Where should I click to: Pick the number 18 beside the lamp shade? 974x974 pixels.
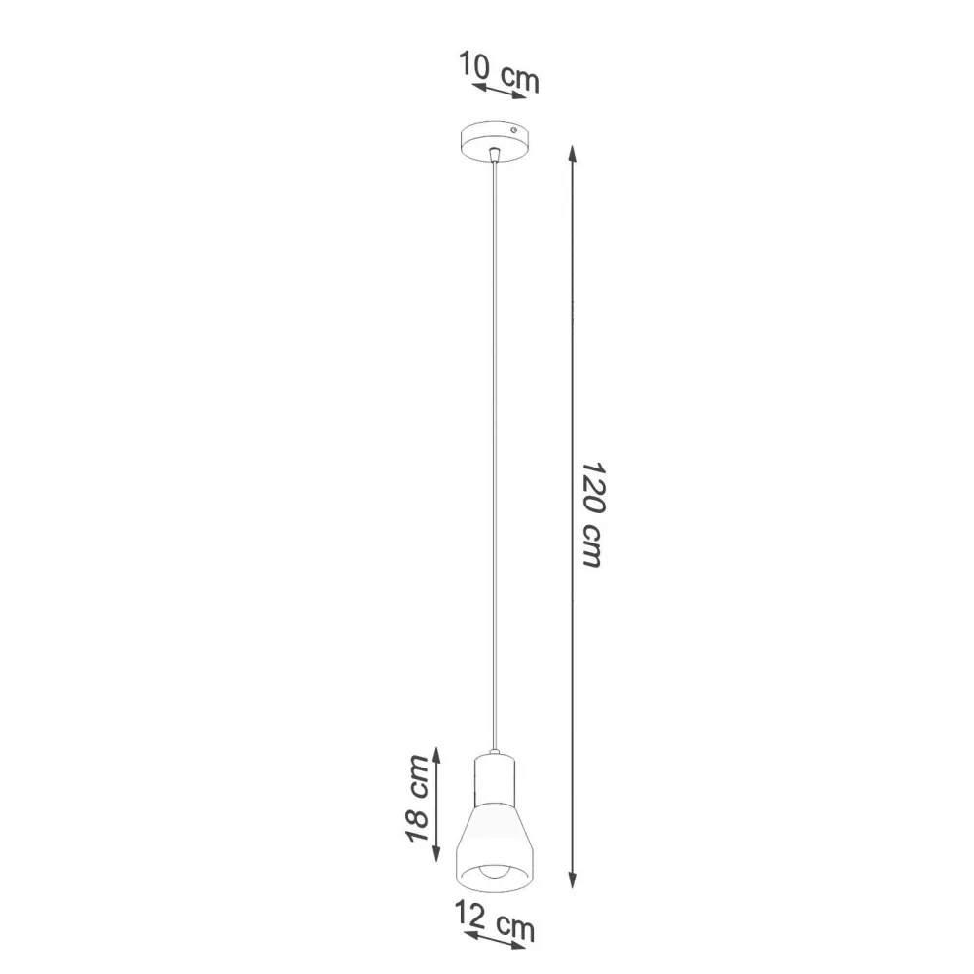tap(418, 826)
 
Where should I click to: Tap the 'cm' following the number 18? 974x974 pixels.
tap(418, 775)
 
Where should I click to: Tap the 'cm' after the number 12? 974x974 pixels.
tap(515, 928)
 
